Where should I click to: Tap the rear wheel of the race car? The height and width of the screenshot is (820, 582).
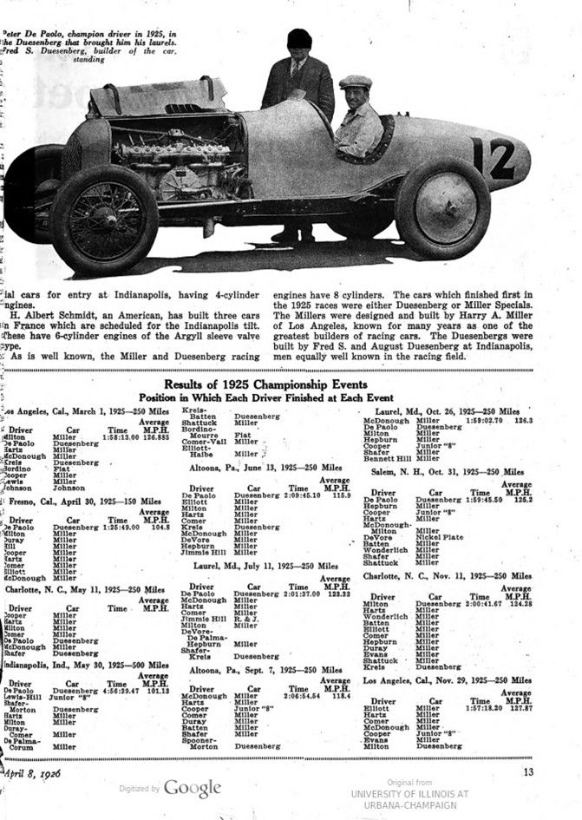point(442,208)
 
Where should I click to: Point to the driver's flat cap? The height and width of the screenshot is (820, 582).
point(355,82)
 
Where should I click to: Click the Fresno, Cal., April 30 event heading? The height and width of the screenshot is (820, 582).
point(82,501)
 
